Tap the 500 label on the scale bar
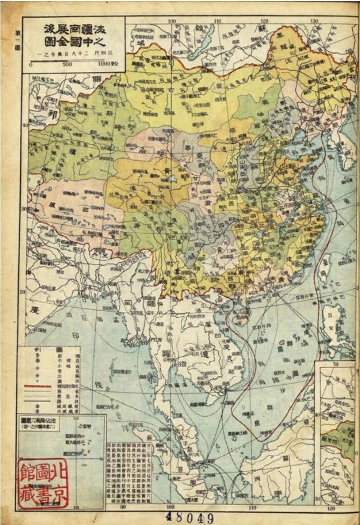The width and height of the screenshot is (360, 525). click(x=66, y=64)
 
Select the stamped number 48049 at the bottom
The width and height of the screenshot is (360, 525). click(x=190, y=517)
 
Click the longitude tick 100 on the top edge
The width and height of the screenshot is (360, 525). click(x=172, y=21)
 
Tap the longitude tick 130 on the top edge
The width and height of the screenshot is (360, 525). click(x=314, y=21)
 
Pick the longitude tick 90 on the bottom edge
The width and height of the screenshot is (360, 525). click(x=123, y=507)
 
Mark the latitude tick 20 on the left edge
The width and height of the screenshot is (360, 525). click(x=22, y=292)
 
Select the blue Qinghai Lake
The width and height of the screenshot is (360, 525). click(x=173, y=179)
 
